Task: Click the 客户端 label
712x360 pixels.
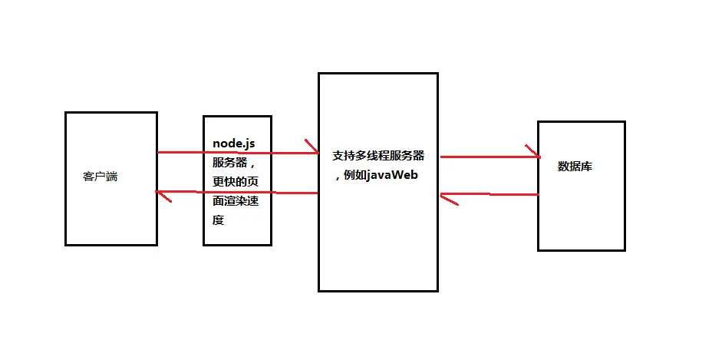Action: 100,177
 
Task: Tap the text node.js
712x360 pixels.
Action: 233,144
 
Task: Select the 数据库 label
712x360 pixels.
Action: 575,167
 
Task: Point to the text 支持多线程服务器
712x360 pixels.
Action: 378,155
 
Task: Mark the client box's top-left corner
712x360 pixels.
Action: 66,113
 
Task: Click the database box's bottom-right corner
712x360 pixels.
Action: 625,249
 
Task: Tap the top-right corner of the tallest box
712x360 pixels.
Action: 437,74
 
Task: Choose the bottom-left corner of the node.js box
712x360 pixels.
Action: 204,244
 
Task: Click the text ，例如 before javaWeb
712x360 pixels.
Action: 351,176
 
